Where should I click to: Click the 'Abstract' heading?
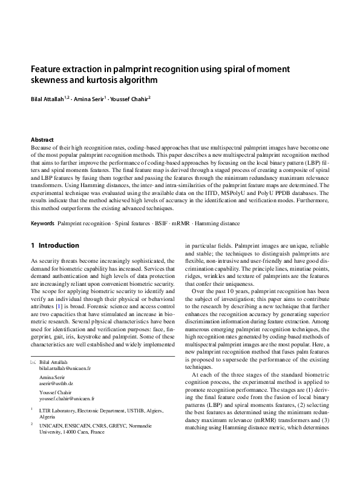tap(42, 139)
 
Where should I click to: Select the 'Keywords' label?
tap(42, 223)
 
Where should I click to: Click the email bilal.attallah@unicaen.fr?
tap(65, 368)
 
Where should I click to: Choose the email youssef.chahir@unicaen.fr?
tap(67, 400)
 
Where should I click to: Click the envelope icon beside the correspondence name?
tap(33, 362)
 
